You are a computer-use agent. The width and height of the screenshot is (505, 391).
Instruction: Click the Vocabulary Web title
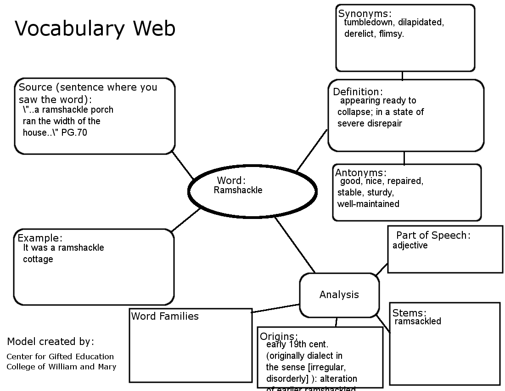[x=95, y=29]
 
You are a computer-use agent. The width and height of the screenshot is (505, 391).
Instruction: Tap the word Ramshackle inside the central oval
[x=238, y=190]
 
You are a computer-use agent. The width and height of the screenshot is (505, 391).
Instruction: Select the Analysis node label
[x=339, y=295]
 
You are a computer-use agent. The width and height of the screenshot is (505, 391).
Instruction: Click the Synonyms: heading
[x=365, y=14]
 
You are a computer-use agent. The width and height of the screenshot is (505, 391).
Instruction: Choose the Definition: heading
[x=358, y=92]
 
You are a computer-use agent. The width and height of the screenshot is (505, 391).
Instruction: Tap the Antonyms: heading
[x=361, y=172]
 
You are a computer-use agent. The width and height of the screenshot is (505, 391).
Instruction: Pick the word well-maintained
[x=368, y=204]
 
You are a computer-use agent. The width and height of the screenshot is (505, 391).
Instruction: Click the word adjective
[x=410, y=245]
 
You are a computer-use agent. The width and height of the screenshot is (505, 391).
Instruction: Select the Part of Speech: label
[x=433, y=236]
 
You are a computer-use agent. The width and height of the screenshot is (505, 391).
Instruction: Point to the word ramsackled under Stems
[x=418, y=321]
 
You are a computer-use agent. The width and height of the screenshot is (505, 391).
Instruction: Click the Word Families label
[x=165, y=316]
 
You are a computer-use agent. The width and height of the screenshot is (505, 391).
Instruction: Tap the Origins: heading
[x=279, y=336]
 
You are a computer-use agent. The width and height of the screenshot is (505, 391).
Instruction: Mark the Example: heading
[x=40, y=238]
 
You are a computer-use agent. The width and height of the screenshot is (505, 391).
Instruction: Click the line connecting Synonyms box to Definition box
[x=403, y=76]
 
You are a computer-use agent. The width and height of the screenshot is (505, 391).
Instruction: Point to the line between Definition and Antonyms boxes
[x=404, y=158]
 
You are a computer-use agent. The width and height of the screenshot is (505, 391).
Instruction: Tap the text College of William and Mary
[x=61, y=367]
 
